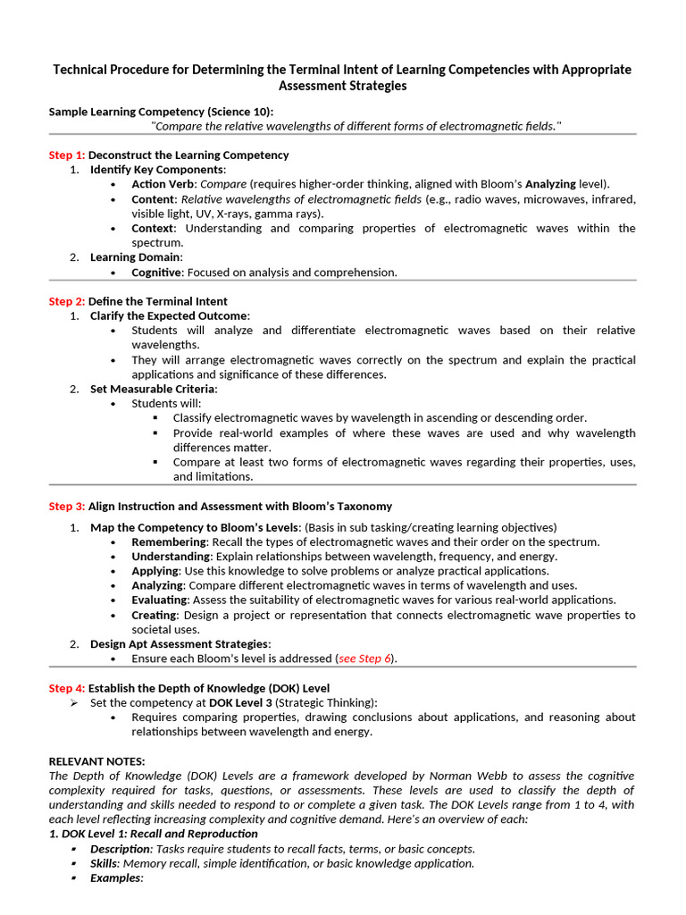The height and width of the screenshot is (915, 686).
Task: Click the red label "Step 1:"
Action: point(67,155)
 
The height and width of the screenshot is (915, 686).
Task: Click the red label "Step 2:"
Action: point(67,301)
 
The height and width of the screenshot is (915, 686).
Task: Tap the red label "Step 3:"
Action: point(67,506)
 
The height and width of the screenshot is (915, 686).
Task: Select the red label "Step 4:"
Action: point(67,688)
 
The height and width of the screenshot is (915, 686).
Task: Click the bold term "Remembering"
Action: point(169,541)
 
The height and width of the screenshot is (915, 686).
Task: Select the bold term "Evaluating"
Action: point(159,600)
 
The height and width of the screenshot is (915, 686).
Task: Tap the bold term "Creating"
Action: point(154,615)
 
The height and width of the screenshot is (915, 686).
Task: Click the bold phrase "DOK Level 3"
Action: point(241,702)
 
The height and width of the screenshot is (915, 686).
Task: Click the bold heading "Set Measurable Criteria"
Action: point(153,389)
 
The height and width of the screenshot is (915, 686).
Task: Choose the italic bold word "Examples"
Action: point(115,877)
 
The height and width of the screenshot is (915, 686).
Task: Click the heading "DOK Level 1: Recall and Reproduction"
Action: point(153,834)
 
